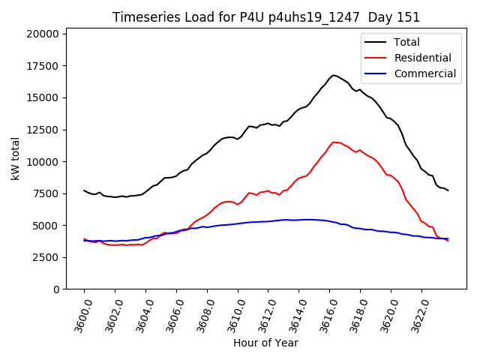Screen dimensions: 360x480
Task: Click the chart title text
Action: pyautogui.click(x=266, y=17)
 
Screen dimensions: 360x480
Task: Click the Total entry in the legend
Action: pyautogui.click(x=406, y=42)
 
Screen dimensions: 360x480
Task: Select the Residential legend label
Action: pyautogui.click(x=422, y=58)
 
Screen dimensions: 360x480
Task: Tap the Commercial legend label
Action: pyautogui.click(x=424, y=73)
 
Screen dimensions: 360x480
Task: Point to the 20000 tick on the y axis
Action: pyautogui.click(x=43, y=34)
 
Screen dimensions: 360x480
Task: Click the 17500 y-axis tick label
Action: pyautogui.click(x=43, y=66)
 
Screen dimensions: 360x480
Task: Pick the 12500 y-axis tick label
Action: pyautogui.click(x=43, y=130)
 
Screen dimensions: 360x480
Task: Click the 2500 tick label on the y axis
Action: pyautogui.click(x=46, y=257)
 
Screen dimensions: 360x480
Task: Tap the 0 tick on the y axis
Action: pyautogui.click(x=56, y=289)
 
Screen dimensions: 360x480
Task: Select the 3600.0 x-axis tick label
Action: pyautogui.click(x=77, y=315)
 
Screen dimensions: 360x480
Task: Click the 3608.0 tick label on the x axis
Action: pyautogui.click(x=200, y=315)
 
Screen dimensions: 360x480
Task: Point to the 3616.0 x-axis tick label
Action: pyautogui.click(x=323, y=315)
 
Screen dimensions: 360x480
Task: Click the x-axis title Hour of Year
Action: pyautogui.click(x=265, y=343)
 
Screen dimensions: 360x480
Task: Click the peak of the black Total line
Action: pyautogui.click(x=334, y=75)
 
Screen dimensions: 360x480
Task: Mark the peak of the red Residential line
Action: pyautogui.click(x=334, y=142)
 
